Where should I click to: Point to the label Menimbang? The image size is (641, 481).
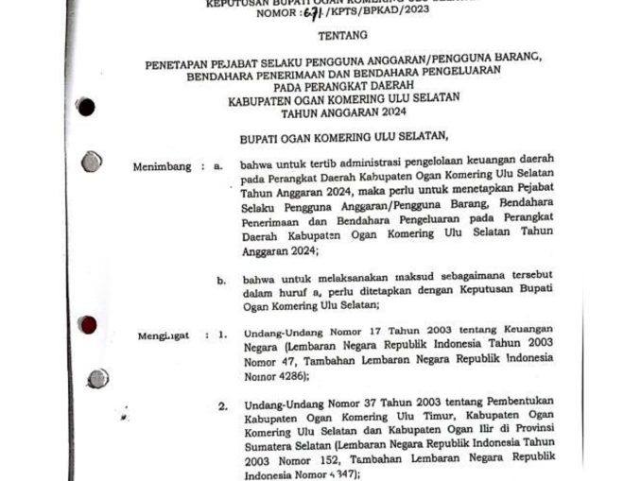pyautogui.click(x=162, y=166)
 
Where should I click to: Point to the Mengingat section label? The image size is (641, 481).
pyautogui.click(x=163, y=335)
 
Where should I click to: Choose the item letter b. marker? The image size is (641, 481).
pyautogui.click(x=221, y=281)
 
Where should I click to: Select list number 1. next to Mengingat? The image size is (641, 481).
pyautogui.click(x=222, y=334)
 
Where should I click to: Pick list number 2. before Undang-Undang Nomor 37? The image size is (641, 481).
pyautogui.click(x=222, y=406)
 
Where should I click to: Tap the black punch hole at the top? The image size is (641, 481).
pyautogui.click(x=85, y=107)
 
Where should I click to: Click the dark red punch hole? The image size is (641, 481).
pyautogui.click(x=88, y=325)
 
